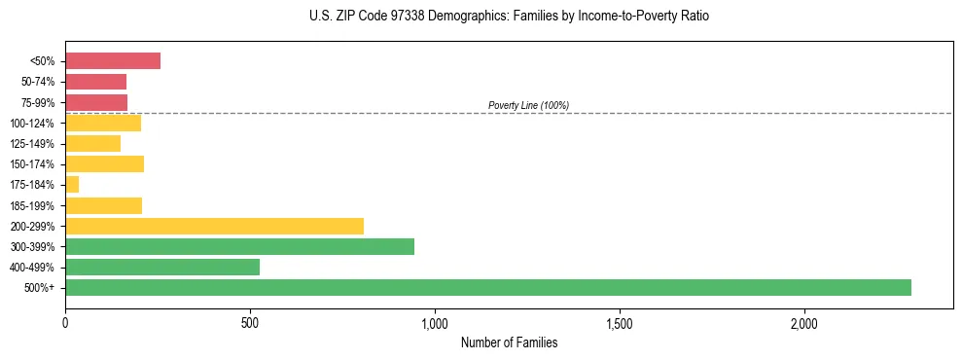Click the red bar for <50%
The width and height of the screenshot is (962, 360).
(x=113, y=61)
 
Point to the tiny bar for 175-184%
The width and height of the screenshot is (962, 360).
(x=72, y=184)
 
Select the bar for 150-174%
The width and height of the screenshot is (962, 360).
(x=104, y=163)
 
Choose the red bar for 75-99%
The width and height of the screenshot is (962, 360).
(x=96, y=102)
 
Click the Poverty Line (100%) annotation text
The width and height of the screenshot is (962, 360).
(x=528, y=105)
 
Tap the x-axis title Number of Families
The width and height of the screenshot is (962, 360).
(x=509, y=342)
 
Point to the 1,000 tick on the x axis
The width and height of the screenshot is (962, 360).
(x=435, y=322)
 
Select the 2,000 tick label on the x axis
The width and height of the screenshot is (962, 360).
(x=804, y=322)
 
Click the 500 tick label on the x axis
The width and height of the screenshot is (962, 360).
(x=250, y=322)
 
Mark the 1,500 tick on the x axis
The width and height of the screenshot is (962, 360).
(x=620, y=322)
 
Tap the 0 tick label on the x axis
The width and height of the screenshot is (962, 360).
(x=65, y=322)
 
